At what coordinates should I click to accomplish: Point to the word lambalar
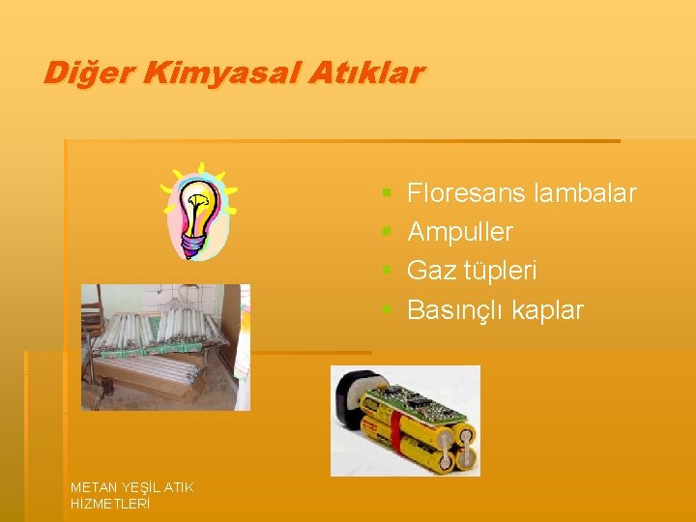(x=585, y=193)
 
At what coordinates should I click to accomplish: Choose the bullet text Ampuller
(x=460, y=232)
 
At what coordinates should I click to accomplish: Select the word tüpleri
(x=496, y=271)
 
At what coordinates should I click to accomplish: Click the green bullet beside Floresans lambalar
(x=386, y=194)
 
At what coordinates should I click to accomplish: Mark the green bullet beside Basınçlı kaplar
(x=386, y=310)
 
